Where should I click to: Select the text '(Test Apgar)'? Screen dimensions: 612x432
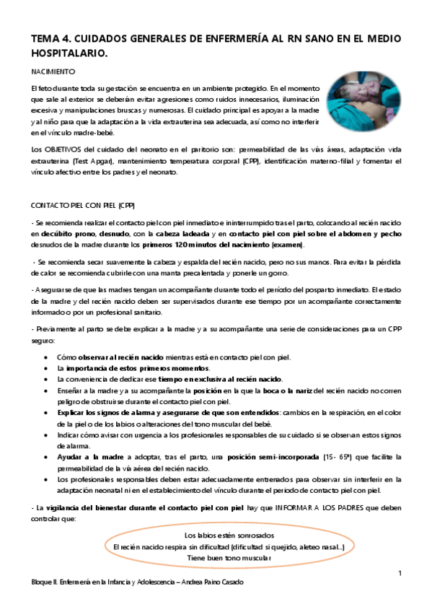point(80,159)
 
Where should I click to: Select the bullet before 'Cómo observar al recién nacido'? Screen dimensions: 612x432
point(47,357)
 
